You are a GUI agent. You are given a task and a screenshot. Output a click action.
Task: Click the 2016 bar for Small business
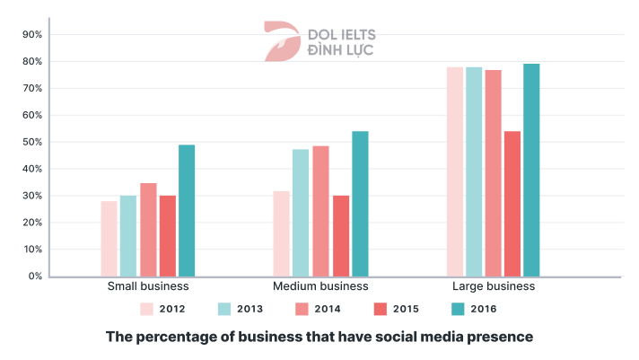(187, 211)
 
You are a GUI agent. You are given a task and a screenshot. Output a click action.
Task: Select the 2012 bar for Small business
(109, 239)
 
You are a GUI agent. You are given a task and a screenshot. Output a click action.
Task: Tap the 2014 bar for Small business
(148, 230)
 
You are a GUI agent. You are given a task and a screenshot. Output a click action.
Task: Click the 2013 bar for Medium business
(301, 213)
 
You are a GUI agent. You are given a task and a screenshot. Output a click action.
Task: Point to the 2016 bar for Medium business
(360, 204)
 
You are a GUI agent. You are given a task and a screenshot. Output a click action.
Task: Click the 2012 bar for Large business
(455, 171)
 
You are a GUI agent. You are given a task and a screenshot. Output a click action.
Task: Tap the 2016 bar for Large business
(531, 170)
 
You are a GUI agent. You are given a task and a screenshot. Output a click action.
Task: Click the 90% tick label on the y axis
(31, 35)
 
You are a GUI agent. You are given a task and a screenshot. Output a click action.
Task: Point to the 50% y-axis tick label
(31, 142)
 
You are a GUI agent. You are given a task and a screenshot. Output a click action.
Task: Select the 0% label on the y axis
(34, 277)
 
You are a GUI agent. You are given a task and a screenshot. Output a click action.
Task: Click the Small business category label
(148, 286)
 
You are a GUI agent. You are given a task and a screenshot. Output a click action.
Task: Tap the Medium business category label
(320, 286)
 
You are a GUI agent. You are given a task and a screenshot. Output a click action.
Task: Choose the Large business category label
(494, 286)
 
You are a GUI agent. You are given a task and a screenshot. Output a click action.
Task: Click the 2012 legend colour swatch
(147, 309)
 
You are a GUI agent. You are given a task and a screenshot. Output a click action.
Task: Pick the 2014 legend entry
(318, 309)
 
